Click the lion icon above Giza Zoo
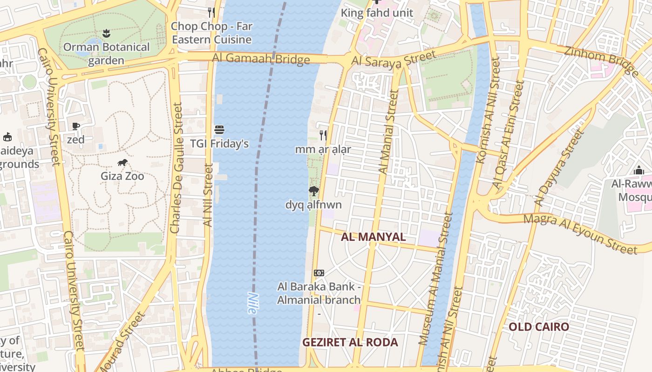[x=122, y=162]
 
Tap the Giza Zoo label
[x=122, y=176]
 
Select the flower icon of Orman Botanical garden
[x=106, y=33]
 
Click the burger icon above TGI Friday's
[x=219, y=130]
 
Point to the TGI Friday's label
[x=219, y=144]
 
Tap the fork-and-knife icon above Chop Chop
[x=211, y=12]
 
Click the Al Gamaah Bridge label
[x=261, y=59]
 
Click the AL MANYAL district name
[x=374, y=237]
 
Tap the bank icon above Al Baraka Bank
[x=319, y=272]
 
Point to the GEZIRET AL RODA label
[x=350, y=343]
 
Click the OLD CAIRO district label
[x=539, y=326]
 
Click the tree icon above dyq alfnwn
[x=314, y=191]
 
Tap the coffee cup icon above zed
[x=76, y=126]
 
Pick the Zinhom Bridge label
[x=601, y=60]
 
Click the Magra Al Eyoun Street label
[x=580, y=234]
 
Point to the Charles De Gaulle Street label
[x=176, y=168]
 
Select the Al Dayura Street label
[x=559, y=168]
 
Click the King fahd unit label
[x=377, y=13]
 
